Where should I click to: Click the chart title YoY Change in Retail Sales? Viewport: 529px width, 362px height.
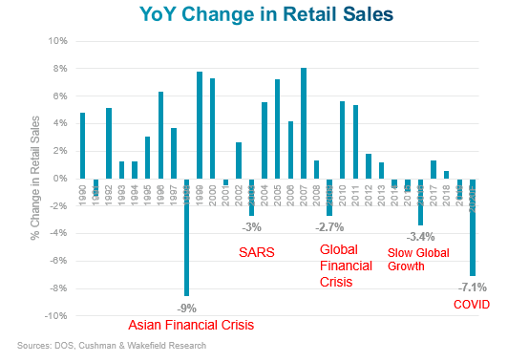pos(264,15)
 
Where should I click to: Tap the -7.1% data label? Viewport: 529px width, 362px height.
pos(472,286)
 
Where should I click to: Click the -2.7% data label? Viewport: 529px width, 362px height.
pos(329,227)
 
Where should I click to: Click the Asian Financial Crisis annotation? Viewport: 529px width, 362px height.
pos(191,326)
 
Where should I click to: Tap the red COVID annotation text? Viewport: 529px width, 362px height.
pos(471,305)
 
